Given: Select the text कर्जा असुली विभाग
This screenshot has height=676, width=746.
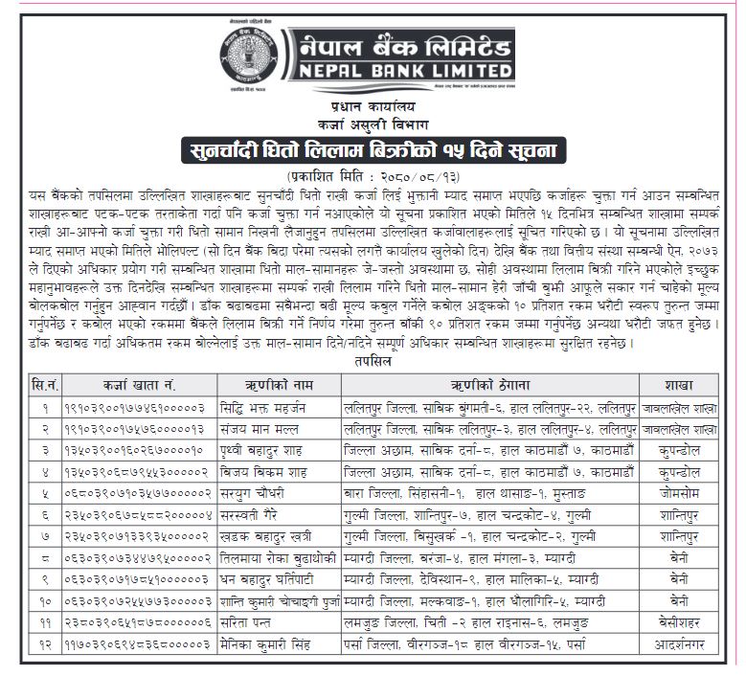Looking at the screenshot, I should point(373,126).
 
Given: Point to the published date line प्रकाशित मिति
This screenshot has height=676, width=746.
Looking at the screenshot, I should point(373,177).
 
